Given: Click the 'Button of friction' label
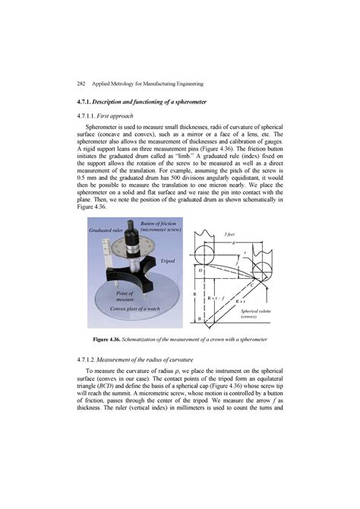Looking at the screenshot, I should click(158, 224).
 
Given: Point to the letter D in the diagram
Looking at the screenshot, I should click(201, 270).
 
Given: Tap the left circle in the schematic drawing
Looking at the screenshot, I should click(204, 251).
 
